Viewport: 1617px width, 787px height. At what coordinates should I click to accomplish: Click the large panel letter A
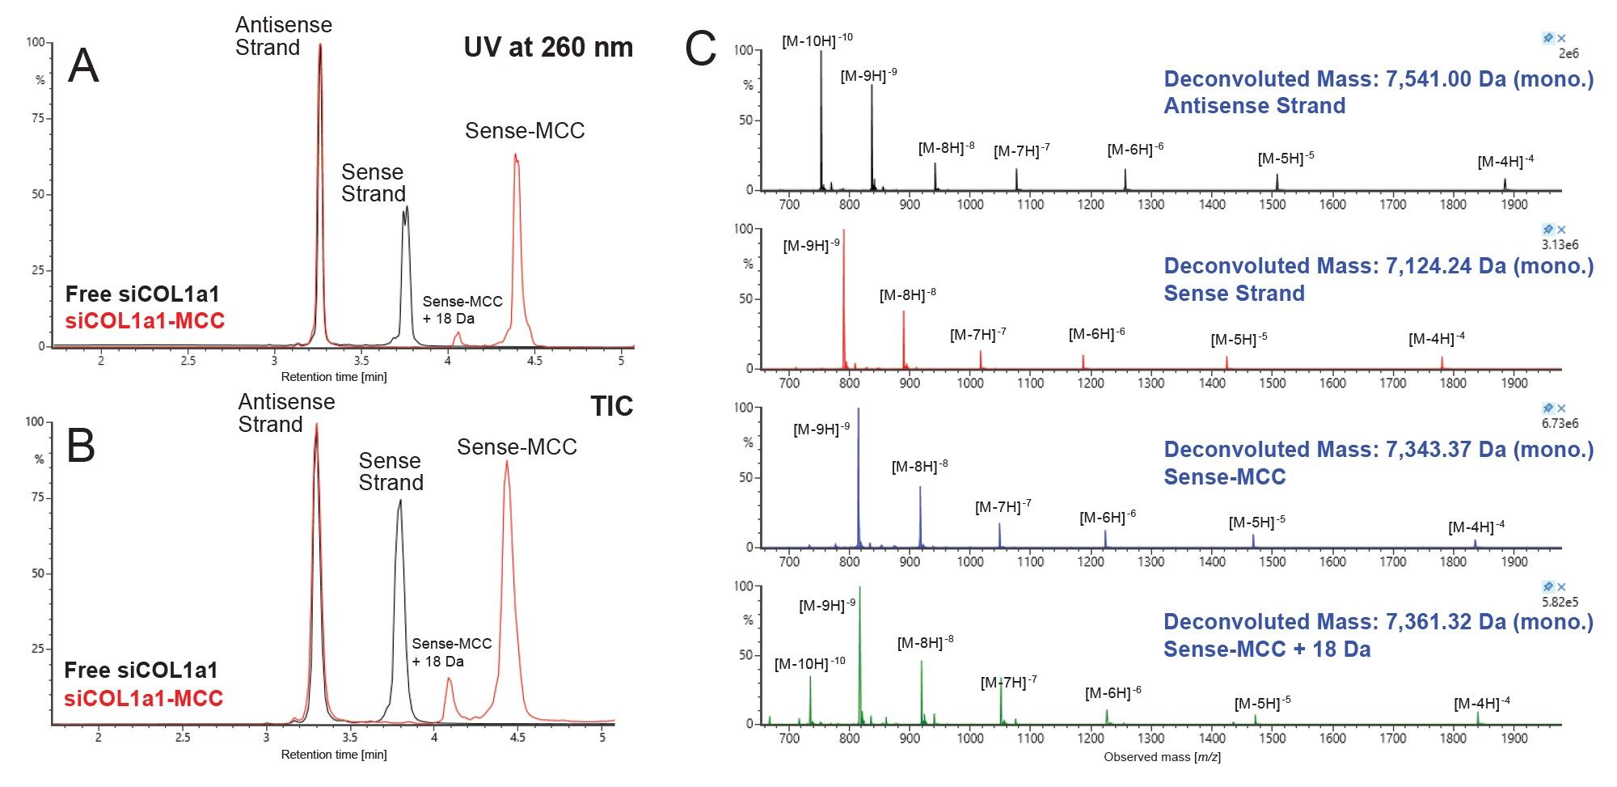[83, 66]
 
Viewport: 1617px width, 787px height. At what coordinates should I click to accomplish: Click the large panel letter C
[700, 49]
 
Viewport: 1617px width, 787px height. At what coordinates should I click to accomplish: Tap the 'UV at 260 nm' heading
[548, 47]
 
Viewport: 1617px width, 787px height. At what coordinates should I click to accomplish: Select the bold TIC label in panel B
[611, 406]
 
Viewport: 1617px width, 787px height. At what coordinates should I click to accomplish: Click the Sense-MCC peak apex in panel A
[516, 156]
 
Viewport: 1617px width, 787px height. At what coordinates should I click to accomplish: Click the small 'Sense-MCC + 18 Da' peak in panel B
[449, 682]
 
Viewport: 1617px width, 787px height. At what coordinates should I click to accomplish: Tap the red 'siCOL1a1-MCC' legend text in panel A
[145, 321]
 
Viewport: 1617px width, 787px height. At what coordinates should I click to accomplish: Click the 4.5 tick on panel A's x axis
[534, 361]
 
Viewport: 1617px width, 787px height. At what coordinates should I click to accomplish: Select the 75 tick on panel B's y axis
[37, 497]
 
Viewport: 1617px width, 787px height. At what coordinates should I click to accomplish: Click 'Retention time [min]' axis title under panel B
[334, 755]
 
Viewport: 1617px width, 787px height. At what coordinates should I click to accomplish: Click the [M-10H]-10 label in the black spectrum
[817, 40]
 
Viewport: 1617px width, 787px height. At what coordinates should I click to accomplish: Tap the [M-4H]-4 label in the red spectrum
[1436, 339]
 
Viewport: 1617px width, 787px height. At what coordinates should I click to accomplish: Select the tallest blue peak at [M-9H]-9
[859, 411]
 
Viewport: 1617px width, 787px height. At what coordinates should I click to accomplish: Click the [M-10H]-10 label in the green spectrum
[809, 663]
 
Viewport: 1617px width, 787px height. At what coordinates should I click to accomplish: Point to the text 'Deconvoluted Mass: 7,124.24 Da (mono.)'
[1378, 266]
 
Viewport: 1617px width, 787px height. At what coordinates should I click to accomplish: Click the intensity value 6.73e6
[1560, 423]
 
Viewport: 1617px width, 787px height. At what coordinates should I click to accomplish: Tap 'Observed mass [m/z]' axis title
[1162, 757]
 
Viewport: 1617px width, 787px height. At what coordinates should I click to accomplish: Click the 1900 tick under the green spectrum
[1514, 738]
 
